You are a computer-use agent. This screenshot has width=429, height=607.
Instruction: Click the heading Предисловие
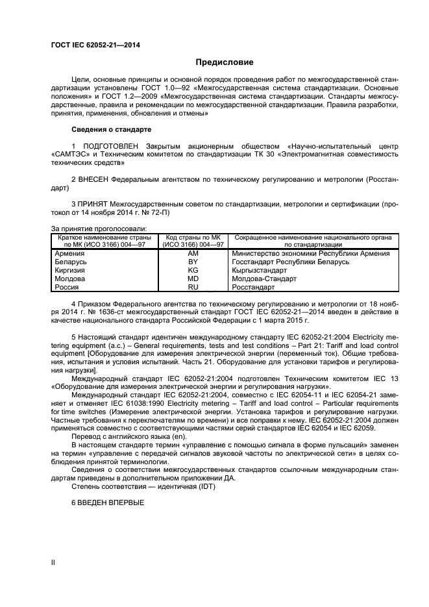[225, 62]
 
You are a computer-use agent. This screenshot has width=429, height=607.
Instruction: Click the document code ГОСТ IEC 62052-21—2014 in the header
[95, 45]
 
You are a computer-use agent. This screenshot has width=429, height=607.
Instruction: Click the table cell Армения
[69, 253]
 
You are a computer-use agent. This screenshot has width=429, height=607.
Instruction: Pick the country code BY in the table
[193, 262]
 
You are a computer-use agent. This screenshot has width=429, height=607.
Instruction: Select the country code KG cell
[193, 270]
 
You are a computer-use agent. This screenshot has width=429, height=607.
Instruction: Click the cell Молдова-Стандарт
[264, 279]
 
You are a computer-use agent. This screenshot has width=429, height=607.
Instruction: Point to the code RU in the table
[193, 286]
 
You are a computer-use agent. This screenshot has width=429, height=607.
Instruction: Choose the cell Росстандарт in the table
[254, 286]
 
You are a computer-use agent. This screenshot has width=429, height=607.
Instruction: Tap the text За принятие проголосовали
[99, 228]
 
